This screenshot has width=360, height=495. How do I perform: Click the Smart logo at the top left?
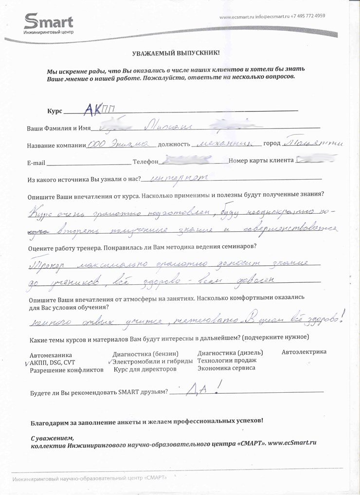pos(49,24)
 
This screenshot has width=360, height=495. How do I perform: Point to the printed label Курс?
pos(54,111)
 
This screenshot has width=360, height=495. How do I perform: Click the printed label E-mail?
pos(37,163)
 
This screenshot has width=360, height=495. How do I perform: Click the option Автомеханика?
pos(51,355)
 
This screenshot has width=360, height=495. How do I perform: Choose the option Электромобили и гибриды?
pos(152,362)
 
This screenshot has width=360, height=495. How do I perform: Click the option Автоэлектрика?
pos(304,352)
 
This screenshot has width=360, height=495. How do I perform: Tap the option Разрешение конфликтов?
pos(67,370)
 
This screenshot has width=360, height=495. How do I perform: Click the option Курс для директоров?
pos(144,369)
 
